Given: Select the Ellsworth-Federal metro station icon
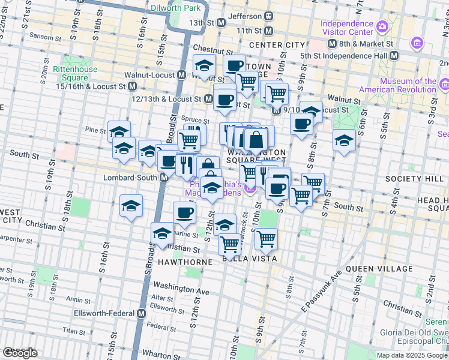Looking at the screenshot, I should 142,314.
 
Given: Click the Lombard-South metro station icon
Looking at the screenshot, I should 164,178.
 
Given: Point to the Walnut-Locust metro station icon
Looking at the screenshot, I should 181,75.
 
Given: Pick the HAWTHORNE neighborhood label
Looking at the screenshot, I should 185,263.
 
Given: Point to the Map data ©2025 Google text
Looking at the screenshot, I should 412,355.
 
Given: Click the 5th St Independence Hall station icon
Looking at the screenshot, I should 394,56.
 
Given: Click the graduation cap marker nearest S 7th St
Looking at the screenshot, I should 344,140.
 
